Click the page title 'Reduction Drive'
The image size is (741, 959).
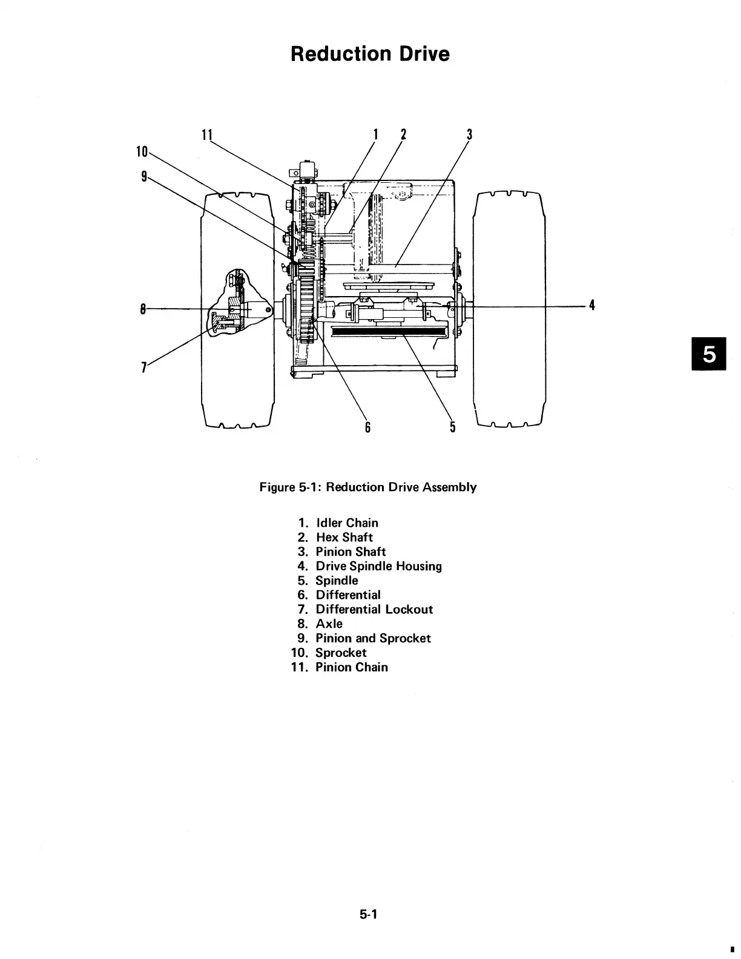coord(370,54)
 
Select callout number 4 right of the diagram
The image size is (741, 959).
coord(592,306)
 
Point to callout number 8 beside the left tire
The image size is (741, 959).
coord(143,309)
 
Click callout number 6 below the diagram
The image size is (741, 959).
coord(367,427)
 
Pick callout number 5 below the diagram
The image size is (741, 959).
coord(452,427)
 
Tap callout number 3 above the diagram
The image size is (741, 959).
coord(469,134)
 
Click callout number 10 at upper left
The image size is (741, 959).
coord(142,151)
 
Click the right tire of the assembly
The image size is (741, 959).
coord(509,309)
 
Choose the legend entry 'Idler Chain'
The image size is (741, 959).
coord(346,523)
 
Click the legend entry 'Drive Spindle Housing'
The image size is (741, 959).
coord(378,567)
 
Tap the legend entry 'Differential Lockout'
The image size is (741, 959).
coord(374,610)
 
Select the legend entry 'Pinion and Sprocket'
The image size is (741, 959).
coord(373,639)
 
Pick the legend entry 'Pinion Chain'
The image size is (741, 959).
coord(351,667)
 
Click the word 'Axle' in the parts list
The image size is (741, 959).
coord(329,624)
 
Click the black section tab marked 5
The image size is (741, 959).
coord(707,354)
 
